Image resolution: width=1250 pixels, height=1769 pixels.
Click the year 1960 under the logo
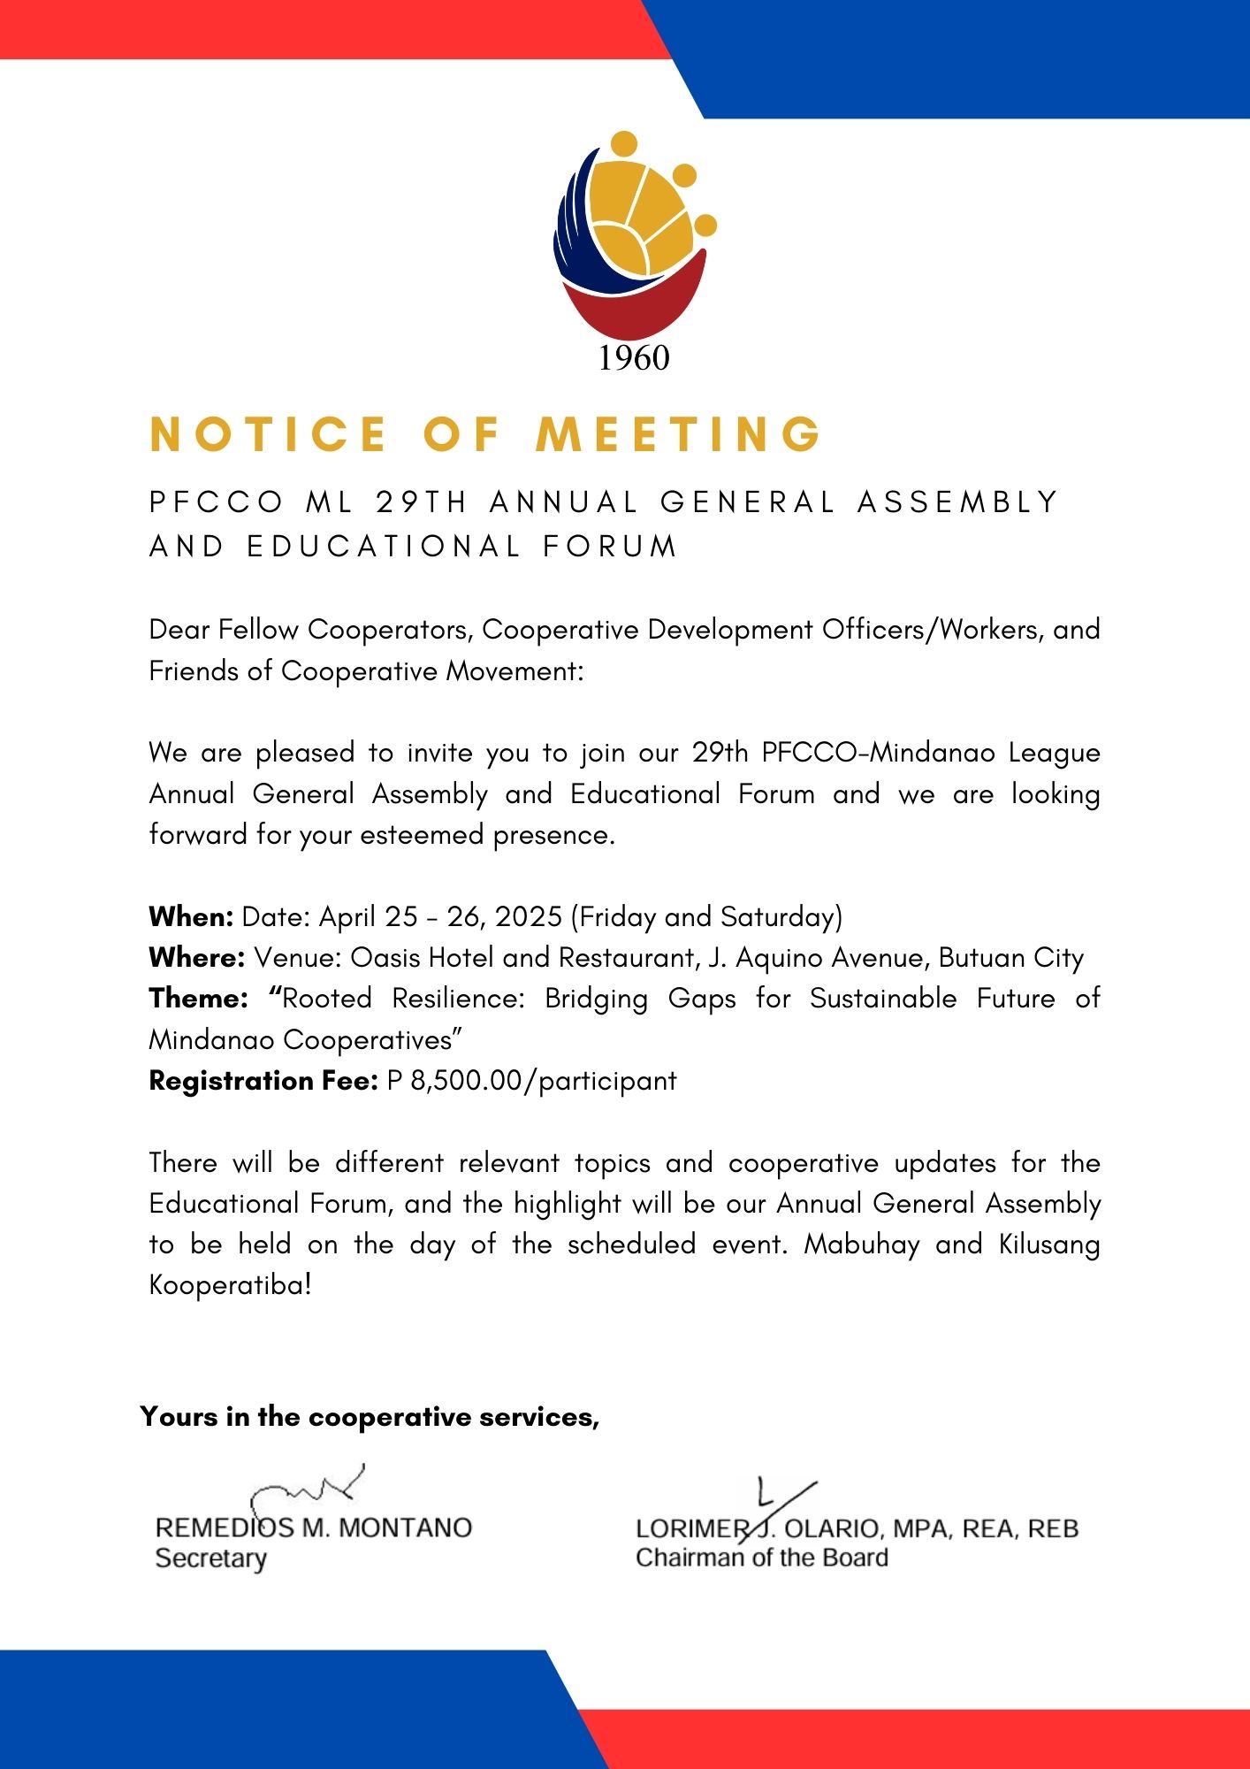coord(634,358)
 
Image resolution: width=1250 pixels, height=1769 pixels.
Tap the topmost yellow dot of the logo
coord(624,144)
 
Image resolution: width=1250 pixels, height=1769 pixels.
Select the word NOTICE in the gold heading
coord(269,434)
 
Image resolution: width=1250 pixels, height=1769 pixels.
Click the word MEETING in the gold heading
coord(679,434)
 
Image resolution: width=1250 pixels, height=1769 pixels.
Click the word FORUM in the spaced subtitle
coord(610,547)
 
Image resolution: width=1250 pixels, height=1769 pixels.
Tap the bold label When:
coord(191,916)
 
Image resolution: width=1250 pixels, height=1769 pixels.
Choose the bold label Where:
coord(196,957)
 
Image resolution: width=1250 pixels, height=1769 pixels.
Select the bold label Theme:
coord(198,999)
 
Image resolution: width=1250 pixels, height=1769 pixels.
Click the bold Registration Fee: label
coord(263,1081)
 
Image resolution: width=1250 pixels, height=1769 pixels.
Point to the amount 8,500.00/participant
coord(543,1081)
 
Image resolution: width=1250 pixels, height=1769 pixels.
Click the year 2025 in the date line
coord(529,916)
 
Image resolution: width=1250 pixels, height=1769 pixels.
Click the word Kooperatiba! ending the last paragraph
coord(231,1285)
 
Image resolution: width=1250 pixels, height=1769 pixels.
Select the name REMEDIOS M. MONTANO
coord(314,1528)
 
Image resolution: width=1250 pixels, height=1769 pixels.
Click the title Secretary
coord(210,1558)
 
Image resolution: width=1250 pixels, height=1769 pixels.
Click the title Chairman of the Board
coord(761,1558)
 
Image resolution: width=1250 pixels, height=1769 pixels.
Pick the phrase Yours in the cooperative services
coord(370,1417)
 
